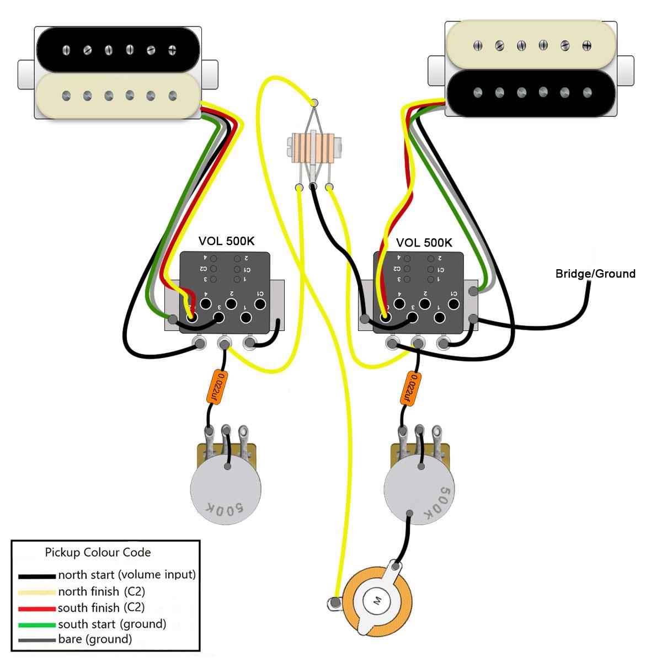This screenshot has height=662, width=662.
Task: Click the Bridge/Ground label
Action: tap(595, 274)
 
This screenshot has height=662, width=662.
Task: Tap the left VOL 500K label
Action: tap(226, 242)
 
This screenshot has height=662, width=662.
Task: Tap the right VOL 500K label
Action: tap(424, 242)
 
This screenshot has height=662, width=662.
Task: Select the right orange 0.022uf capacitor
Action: tap(410, 388)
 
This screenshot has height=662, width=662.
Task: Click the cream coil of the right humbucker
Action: tap(532, 46)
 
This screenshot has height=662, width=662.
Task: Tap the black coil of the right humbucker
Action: tap(532, 92)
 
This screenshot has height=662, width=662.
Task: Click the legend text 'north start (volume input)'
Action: tap(127, 575)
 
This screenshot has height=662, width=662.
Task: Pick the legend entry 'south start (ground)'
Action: tap(112, 624)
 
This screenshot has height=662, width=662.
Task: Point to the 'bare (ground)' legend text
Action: tap(95, 640)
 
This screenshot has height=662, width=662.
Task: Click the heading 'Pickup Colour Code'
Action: tap(98, 552)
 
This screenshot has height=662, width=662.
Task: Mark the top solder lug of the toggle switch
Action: tap(315, 103)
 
